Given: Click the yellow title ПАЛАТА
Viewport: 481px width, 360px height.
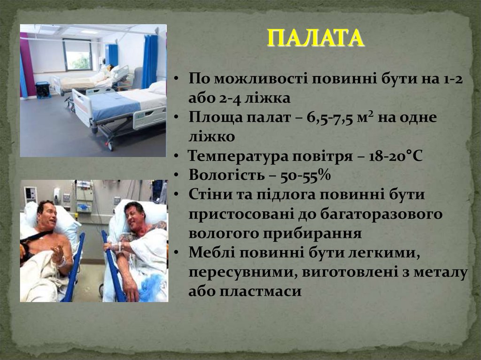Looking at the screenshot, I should pos(316,38).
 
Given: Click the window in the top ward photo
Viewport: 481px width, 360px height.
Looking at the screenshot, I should pos(78,54).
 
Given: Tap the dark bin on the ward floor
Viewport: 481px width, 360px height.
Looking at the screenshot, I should pos(43,90).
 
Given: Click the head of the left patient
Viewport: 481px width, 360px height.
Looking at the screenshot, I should pos(47,215).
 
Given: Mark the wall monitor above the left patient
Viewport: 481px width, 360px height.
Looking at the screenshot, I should pos(31,194).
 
